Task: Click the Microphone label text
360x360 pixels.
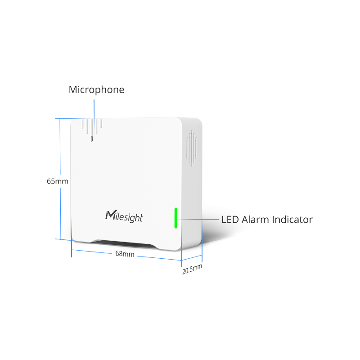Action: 96,90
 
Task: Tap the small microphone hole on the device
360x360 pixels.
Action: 92,139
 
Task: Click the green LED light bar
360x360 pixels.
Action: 176,218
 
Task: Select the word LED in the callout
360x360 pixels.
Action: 230,220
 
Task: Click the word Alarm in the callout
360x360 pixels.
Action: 255,220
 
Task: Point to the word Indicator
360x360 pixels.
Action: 292,220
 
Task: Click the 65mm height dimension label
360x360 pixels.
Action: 58,181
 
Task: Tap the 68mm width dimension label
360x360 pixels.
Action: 125,253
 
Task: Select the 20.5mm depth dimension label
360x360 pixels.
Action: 192,269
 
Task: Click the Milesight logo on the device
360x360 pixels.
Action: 124,216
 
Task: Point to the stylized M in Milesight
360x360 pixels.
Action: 111,215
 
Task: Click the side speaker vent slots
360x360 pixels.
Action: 192,148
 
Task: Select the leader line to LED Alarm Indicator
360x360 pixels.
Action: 198,219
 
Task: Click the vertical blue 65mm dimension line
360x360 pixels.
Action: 60,179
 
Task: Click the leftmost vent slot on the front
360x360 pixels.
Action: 83,123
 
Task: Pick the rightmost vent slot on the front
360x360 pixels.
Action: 101,123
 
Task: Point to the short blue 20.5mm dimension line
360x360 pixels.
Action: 192,258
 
